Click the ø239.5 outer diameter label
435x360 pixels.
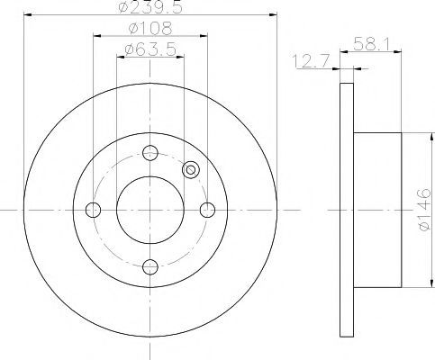(x=150, y=7)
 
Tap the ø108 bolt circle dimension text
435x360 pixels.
(x=150, y=29)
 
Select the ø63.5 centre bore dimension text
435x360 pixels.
(x=150, y=49)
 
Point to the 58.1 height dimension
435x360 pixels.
(x=371, y=45)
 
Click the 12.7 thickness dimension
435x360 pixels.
(x=312, y=61)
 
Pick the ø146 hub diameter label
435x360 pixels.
(x=425, y=210)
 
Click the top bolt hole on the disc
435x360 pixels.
(x=150, y=153)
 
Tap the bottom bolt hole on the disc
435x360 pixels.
(x=150, y=267)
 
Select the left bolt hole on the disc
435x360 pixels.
(x=93, y=210)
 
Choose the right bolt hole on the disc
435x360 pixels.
(x=207, y=210)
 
